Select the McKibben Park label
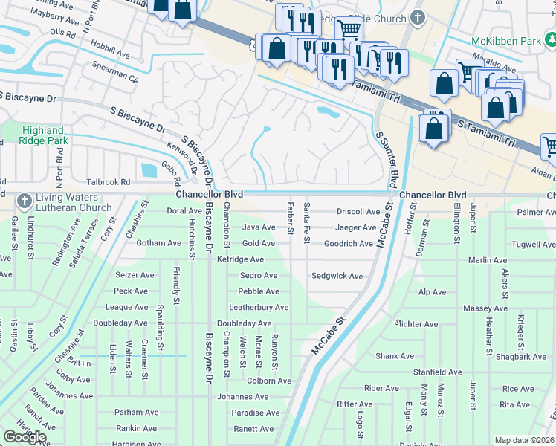click(505, 41)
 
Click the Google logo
click(25, 437)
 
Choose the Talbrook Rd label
click(108, 181)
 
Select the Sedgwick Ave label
click(337, 276)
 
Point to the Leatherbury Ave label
click(259, 307)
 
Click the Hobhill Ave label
click(110, 54)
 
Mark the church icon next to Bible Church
click(418, 17)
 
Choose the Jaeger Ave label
click(355, 227)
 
